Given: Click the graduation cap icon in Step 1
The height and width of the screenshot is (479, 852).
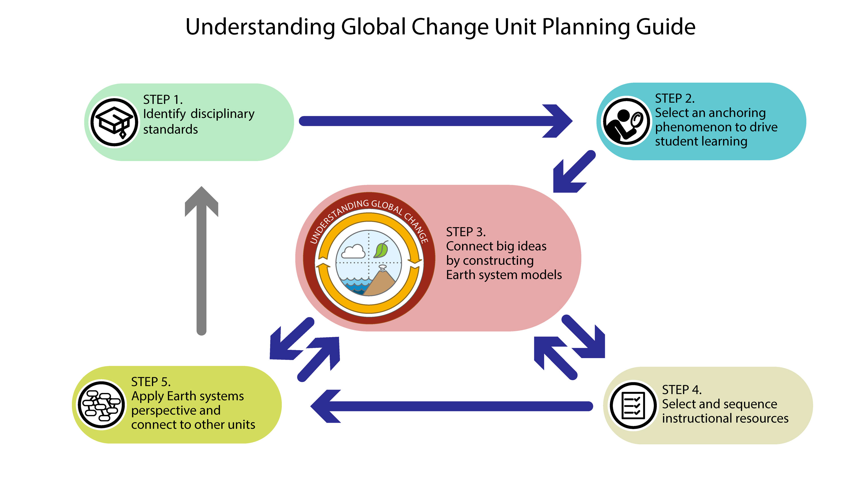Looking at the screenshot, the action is point(114,122).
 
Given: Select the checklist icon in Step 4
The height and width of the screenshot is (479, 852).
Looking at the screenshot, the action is point(633,405).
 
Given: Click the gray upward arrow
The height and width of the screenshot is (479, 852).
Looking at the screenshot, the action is point(201,260).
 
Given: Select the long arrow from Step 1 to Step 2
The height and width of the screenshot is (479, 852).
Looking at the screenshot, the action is point(436,121).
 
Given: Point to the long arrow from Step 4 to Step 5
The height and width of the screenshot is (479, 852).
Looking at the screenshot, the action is point(452,406).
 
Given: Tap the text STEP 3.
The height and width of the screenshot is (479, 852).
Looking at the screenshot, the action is point(466,232).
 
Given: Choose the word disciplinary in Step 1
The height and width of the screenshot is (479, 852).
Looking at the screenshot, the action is point(223,114).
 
